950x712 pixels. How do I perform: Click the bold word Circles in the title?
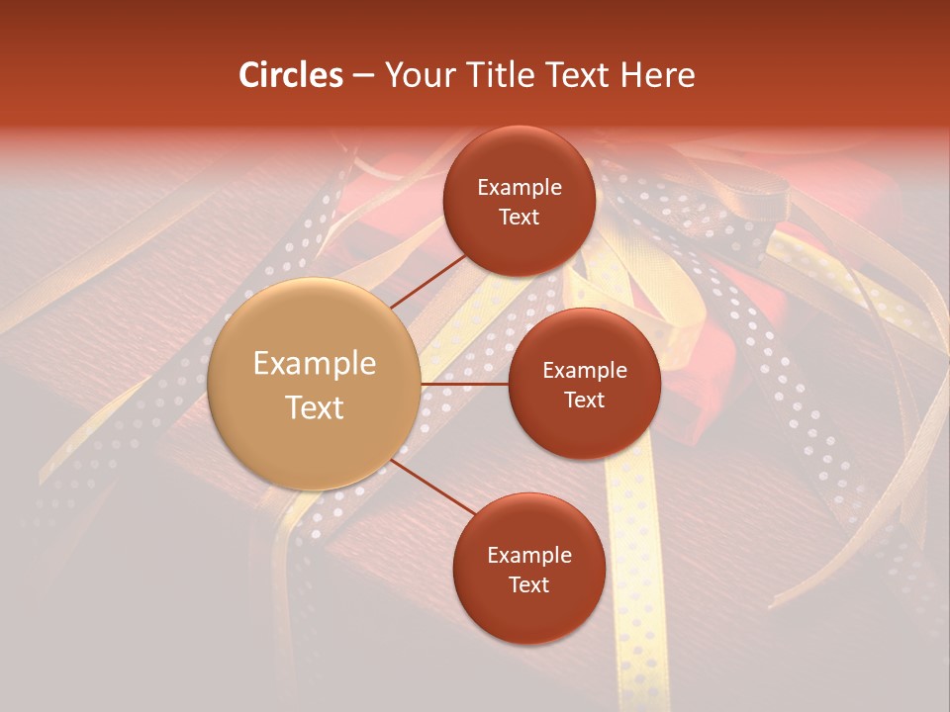291,75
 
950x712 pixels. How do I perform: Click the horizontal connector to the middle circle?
465,384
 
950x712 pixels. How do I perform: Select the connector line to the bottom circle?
432,490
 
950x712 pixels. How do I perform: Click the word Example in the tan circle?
315,364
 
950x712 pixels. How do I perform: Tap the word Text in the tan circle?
315,407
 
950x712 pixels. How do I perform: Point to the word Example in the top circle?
520,188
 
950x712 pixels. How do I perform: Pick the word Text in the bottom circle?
528,584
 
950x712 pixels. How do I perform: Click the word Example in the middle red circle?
585,371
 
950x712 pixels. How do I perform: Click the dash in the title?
362,75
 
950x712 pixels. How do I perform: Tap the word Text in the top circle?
519,218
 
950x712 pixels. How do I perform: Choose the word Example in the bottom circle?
529,556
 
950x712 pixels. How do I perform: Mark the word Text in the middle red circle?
584,400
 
